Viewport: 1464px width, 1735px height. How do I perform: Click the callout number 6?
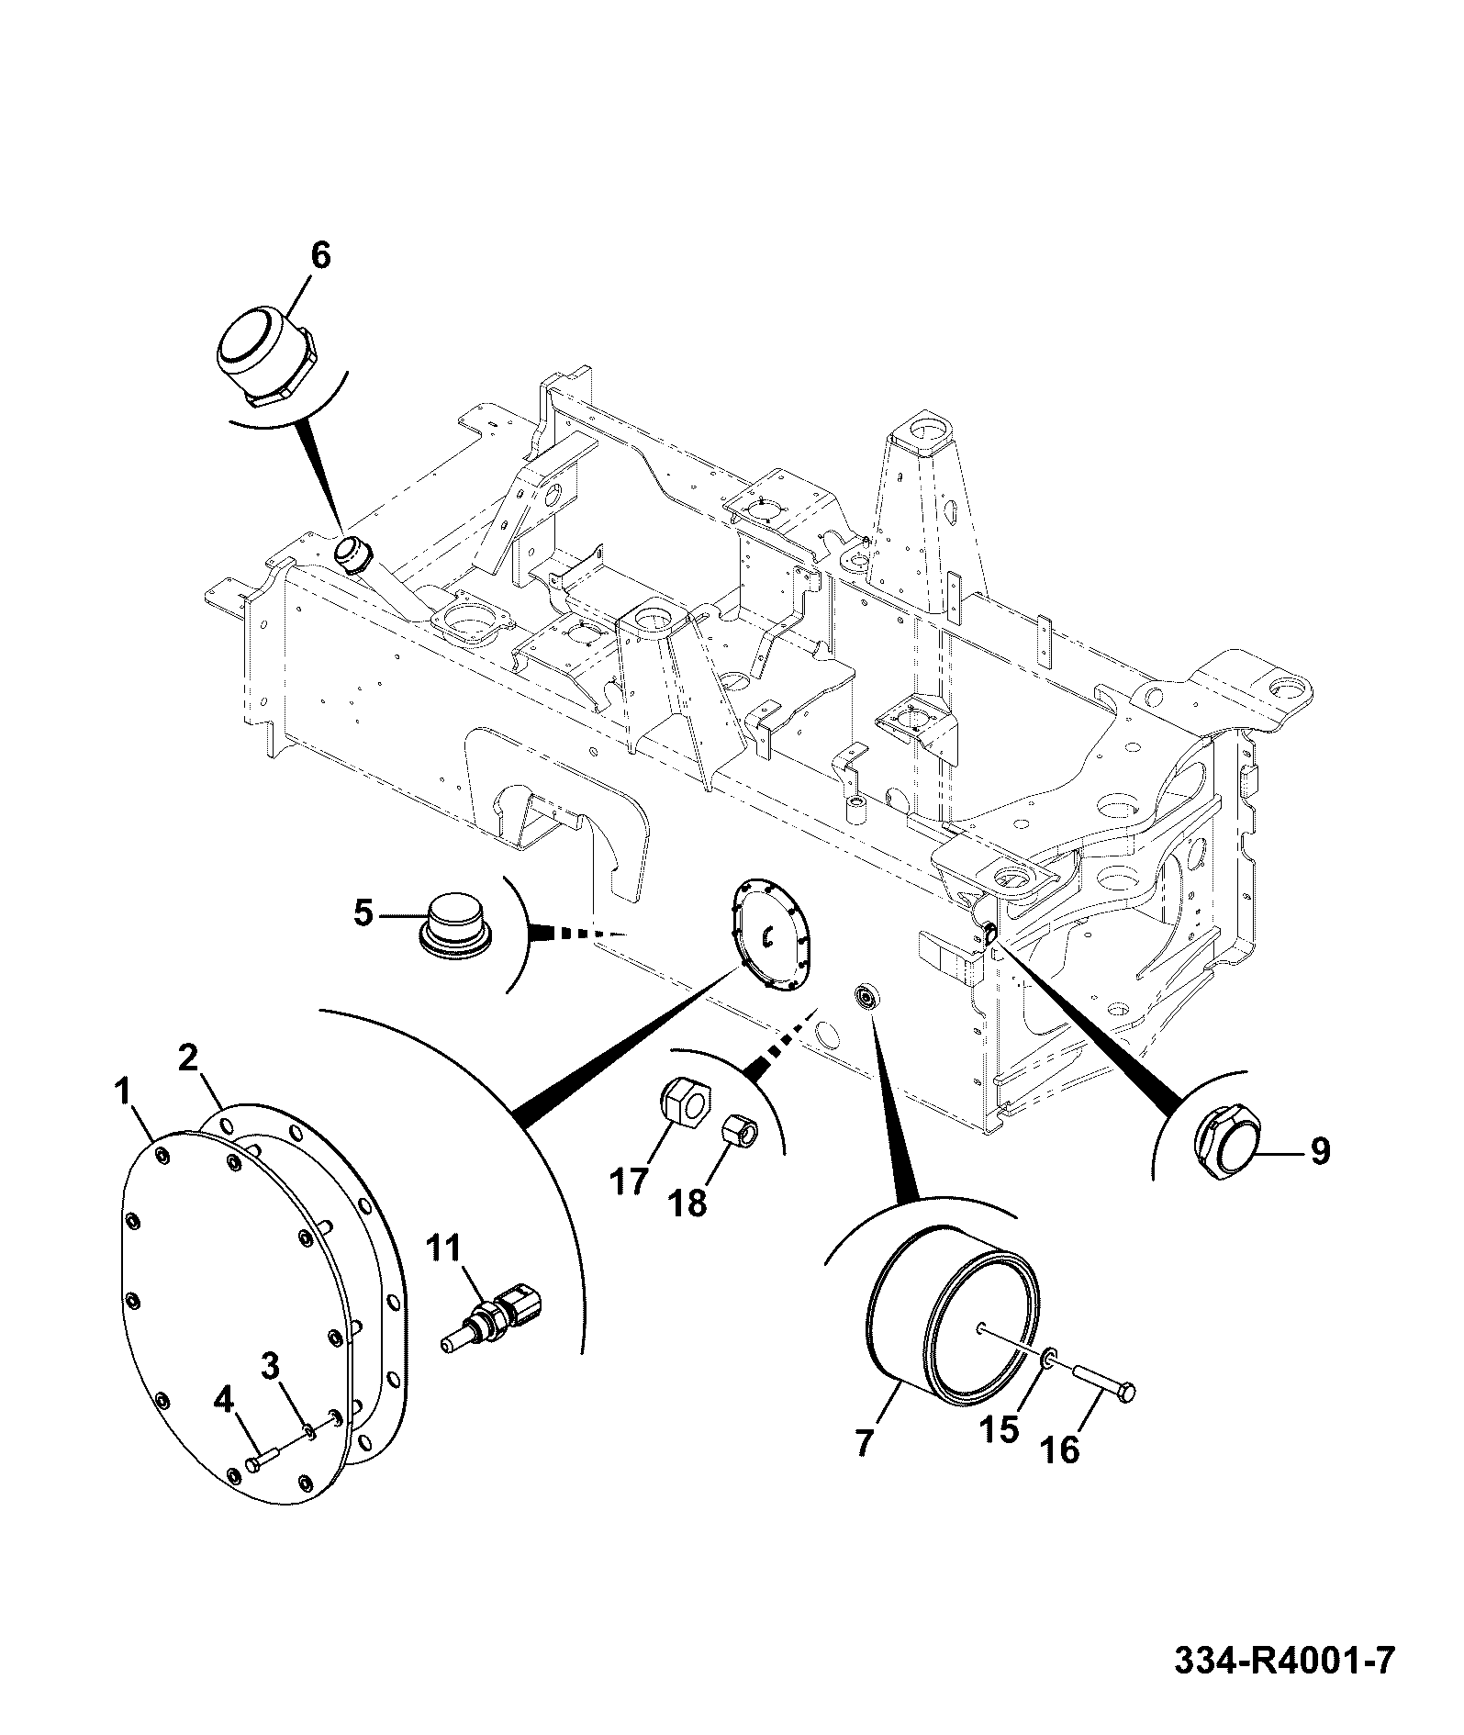tap(319, 256)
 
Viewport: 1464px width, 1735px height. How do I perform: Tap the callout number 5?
tap(364, 914)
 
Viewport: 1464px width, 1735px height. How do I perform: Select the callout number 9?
tap(1319, 1151)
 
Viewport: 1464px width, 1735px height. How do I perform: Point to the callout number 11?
tap(445, 1249)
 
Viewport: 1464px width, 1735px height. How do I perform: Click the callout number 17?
tap(630, 1181)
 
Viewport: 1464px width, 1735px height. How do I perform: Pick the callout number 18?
tap(688, 1203)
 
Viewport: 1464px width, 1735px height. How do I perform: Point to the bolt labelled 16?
tap(1103, 1404)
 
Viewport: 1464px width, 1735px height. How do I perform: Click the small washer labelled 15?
tap(1049, 1382)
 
